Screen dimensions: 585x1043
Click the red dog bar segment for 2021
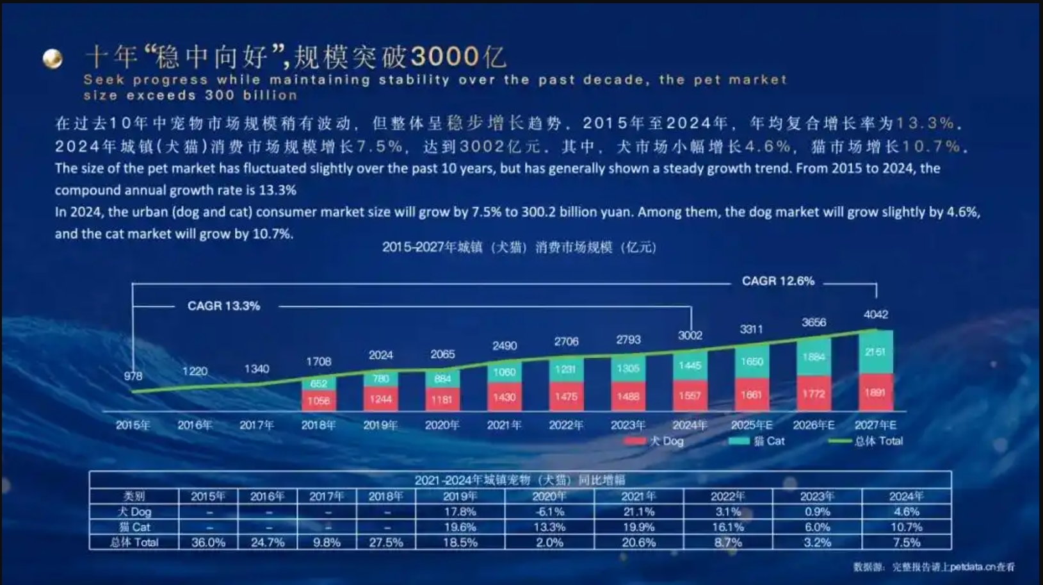point(505,397)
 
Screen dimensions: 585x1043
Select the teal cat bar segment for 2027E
point(875,352)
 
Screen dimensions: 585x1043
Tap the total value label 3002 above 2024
point(690,335)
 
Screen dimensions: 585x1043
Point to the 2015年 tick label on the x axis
point(133,425)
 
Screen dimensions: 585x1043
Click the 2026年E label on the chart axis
point(813,425)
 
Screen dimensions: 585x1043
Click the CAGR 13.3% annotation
point(223,306)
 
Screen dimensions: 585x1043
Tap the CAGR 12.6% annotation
point(778,281)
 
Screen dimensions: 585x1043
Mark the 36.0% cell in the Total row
point(208,542)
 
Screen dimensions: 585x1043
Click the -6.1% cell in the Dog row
point(549,511)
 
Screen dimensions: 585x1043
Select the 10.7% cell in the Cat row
point(906,527)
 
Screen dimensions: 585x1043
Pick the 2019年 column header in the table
point(460,496)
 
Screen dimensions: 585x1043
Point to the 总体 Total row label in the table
point(134,542)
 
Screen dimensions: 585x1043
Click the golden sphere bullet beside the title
point(53,58)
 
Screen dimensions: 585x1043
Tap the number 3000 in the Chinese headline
point(446,57)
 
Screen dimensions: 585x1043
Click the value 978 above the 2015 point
point(133,376)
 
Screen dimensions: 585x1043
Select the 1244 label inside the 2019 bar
point(380,399)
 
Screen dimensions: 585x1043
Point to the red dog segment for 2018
point(319,400)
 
